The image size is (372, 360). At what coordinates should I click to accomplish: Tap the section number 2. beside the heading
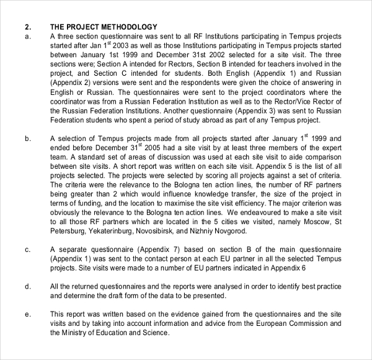pos(27,27)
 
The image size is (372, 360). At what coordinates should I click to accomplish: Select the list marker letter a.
pos(27,36)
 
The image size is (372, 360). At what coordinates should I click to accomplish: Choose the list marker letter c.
pos(27,250)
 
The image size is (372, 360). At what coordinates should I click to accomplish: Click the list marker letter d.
pos(27,286)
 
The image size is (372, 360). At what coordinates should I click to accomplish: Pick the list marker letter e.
pos(27,314)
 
